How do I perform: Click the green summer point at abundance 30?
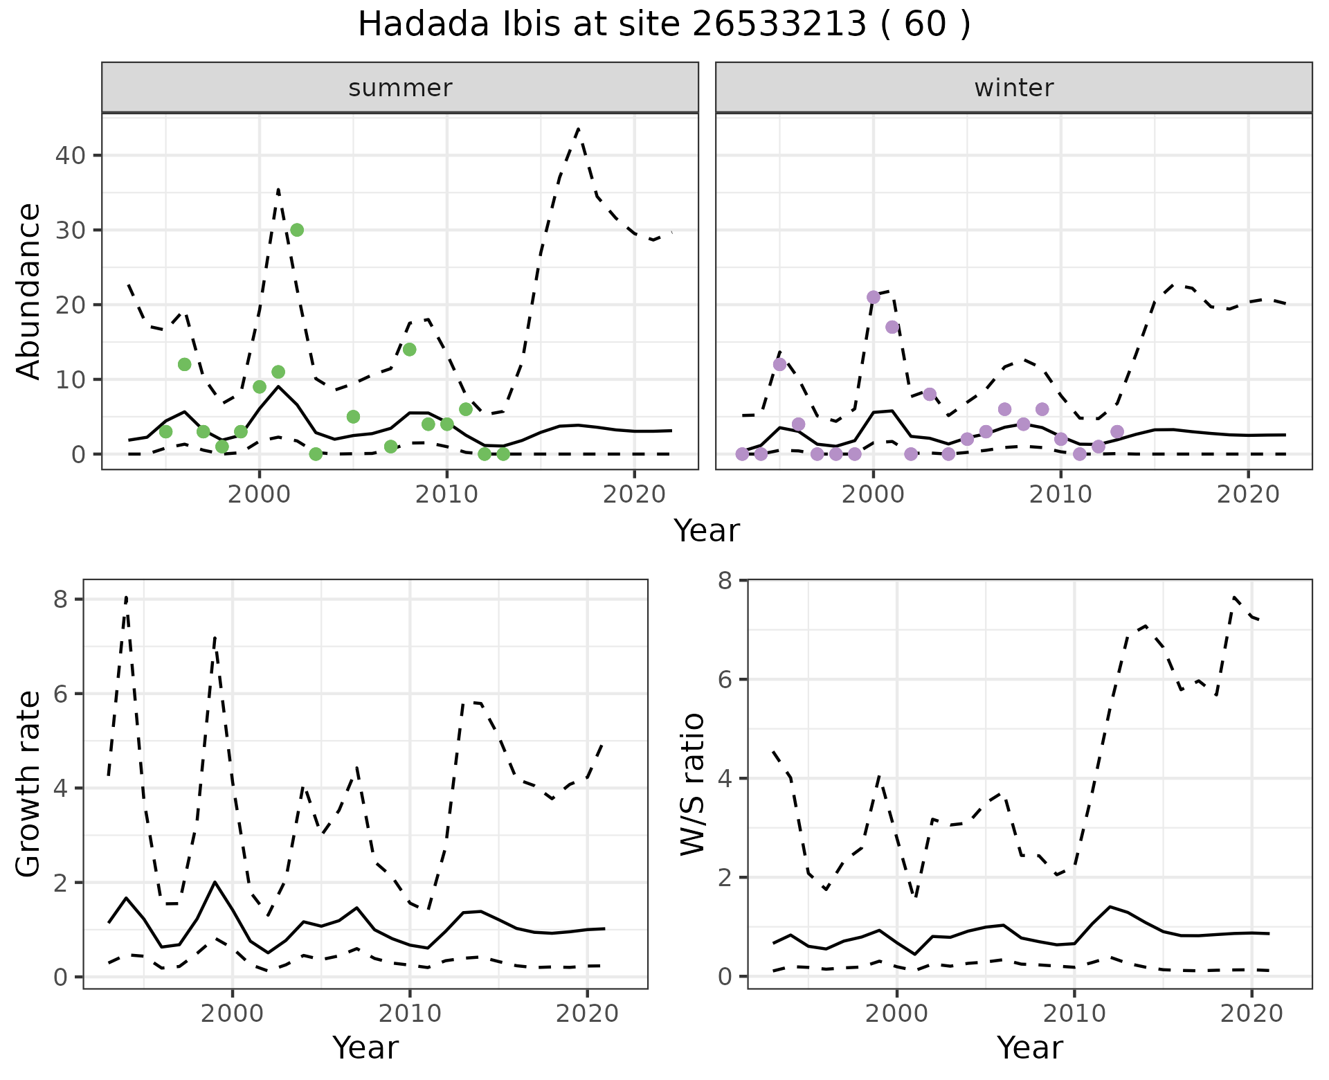[297, 230]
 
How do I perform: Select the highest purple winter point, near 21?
[874, 297]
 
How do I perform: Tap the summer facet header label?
[400, 88]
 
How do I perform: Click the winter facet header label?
[1014, 88]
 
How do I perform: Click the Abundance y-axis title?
[29, 291]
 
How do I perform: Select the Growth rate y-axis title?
[29, 784]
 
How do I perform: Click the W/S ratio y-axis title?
[693, 784]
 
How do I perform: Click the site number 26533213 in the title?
[779, 25]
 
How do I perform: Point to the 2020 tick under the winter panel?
[1248, 495]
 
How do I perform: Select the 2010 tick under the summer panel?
[446, 495]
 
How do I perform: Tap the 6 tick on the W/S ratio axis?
[724, 679]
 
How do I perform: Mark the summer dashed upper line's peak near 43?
[578, 129]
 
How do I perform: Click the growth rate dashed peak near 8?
[126, 597]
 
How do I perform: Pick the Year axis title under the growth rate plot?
[365, 1047]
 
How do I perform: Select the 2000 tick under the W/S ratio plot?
[897, 1014]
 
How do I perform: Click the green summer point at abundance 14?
[409, 350]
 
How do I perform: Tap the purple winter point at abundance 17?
[892, 327]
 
